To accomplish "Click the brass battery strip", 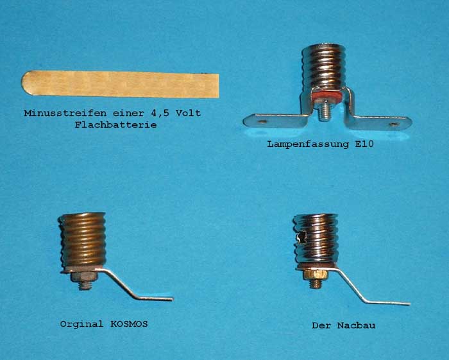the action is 121,84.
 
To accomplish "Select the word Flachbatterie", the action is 115,125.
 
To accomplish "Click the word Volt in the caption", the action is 188,113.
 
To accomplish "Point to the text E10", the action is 364,144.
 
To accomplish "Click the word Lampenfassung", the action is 308,144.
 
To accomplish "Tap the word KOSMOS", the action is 129,324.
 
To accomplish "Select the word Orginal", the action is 81,324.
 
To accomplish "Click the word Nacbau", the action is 356,325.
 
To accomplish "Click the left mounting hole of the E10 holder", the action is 261,122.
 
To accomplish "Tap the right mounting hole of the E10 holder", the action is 394,124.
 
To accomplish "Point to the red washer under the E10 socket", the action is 326,96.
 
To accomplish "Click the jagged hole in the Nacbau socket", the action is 301,237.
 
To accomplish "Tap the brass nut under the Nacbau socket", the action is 315,275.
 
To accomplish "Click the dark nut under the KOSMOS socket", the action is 83,277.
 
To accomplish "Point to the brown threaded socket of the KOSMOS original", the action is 83,240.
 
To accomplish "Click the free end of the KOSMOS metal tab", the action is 172,299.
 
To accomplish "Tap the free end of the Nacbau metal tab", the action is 409,304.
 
